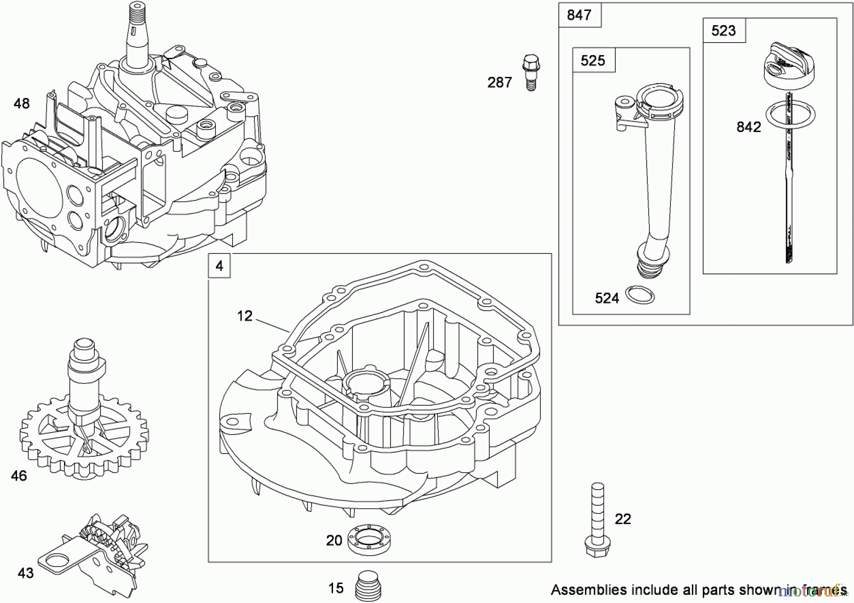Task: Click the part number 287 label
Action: [500, 83]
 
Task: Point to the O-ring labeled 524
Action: [640, 295]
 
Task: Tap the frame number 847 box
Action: [579, 15]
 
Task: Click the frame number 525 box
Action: [593, 60]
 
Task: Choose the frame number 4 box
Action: [219, 266]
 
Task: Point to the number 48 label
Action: [21, 103]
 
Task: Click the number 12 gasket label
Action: [245, 316]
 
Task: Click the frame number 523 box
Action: [724, 31]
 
